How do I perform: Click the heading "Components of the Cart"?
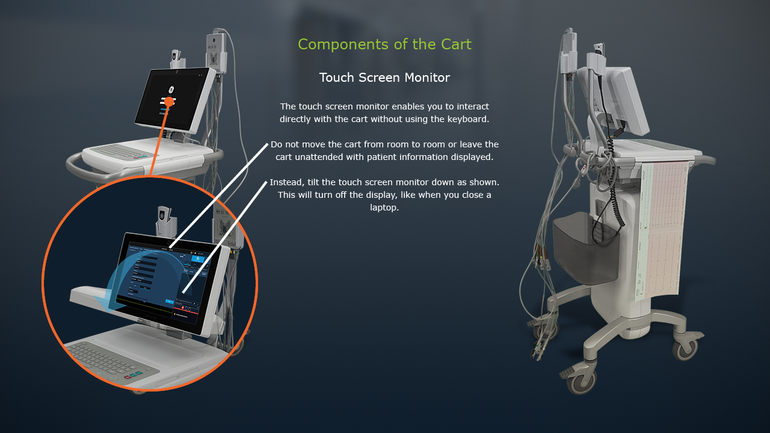click(384, 45)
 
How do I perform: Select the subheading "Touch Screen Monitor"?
click(384, 78)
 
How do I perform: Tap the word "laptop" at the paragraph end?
click(384, 207)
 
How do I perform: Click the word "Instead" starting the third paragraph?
click(286, 182)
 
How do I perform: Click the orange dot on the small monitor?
click(169, 102)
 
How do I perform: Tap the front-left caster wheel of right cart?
click(582, 381)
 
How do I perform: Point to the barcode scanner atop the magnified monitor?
click(164, 219)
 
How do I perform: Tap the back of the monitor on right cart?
click(629, 99)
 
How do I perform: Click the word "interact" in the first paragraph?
click(472, 106)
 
